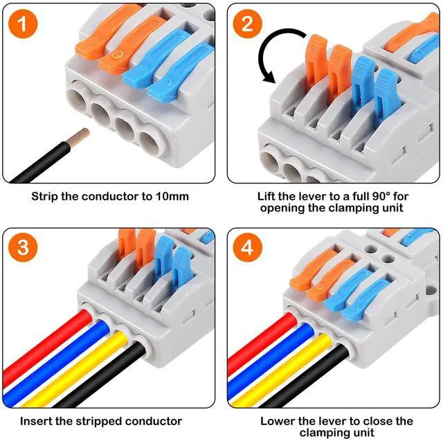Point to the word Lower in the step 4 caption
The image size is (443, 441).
point(277,421)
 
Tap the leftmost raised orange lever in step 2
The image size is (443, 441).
point(316,55)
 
